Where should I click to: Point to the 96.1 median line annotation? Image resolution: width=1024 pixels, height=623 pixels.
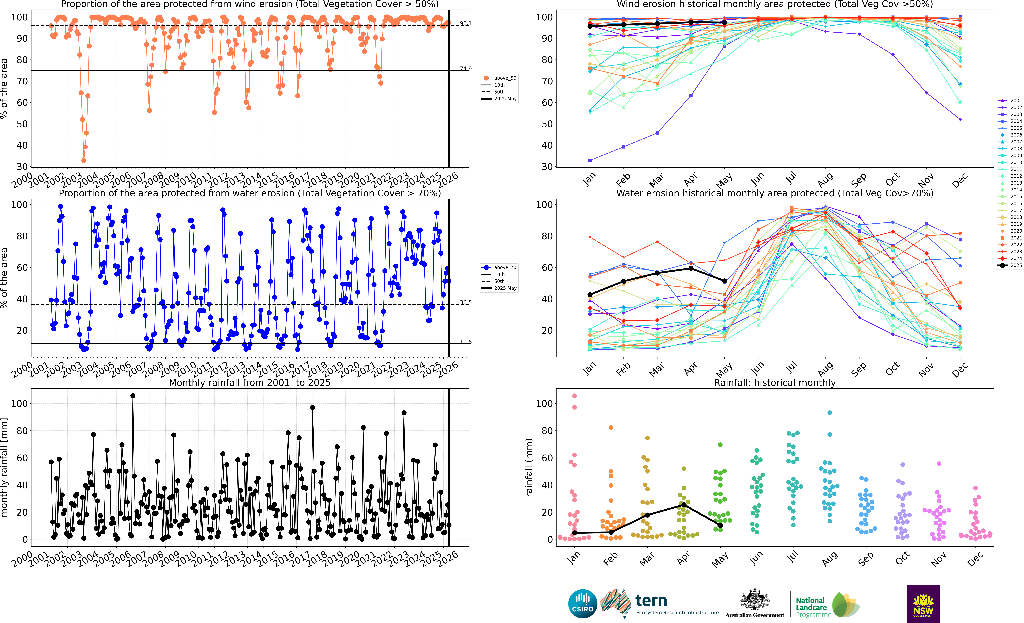[465, 23]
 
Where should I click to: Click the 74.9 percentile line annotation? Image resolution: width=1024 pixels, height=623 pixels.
[465, 69]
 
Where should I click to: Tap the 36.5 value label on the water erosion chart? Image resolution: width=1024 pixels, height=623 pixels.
[465, 302]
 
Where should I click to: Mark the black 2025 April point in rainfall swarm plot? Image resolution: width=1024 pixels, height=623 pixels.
[684, 505]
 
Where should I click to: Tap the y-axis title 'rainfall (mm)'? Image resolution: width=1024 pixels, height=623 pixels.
[529, 467]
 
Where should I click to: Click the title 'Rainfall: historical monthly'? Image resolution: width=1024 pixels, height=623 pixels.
[775, 383]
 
